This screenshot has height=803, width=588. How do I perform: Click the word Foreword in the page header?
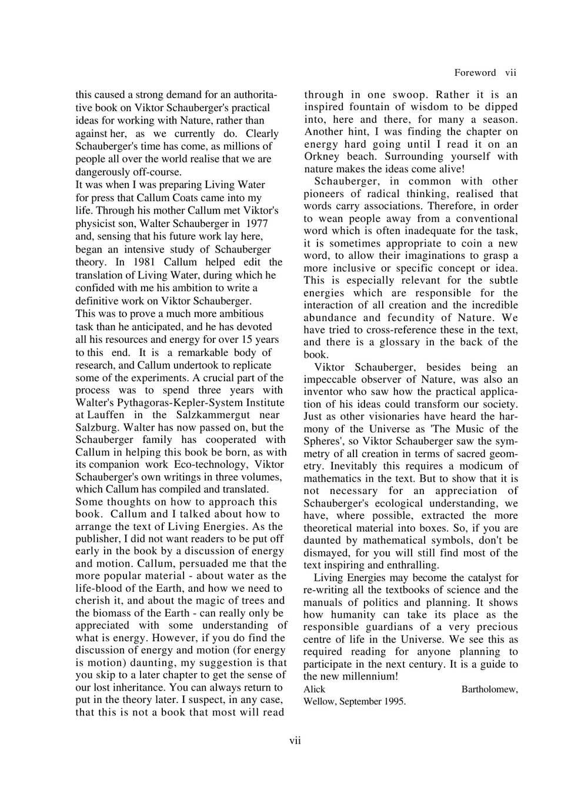click(x=475, y=73)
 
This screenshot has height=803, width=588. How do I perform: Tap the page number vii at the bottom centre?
click(x=295, y=741)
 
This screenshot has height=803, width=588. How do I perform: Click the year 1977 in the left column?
click(x=256, y=224)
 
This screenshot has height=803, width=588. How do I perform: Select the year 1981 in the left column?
click(x=144, y=262)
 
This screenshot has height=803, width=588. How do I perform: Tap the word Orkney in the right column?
click(x=321, y=156)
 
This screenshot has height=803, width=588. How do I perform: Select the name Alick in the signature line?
click(x=314, y=689)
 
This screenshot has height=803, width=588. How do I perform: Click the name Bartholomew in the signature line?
click(x=489, y=689)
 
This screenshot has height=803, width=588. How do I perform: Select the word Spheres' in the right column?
click(x=321, y=441)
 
